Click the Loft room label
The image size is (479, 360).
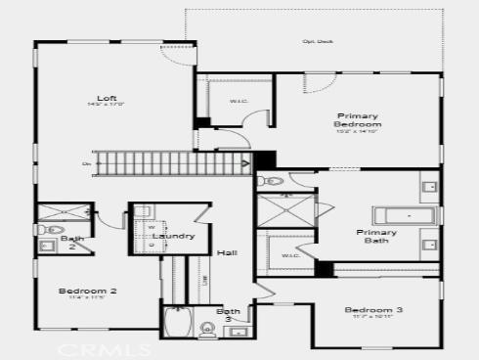pyautogui.click(x=108, y=99)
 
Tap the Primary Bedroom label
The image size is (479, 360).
pyautogui.click(x=358, y=120)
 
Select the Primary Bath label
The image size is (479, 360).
pyautogui.click(x=377, y=236)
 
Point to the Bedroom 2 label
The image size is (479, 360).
pyautogui.click(x=88, y=291)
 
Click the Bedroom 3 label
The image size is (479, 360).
pyautogui.click(x=373, y=310)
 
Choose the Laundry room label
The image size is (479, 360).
pyautogui.click(x=174, y=236)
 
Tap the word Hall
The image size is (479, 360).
pyautogui.click(x=228, y=252)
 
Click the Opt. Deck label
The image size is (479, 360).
pyautogui.click(x=317, y=42)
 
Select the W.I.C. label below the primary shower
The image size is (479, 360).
pyautogui.click(x=290, y=256)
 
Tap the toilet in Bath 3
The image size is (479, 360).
pyautogui.click(x=207, y=328)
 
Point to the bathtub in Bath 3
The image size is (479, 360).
pyautogui.click(x=177, y=322)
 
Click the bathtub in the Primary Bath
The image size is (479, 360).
pyautogui.click(x=403, y=216)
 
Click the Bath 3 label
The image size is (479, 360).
pyautogui.click(x=229, y=315)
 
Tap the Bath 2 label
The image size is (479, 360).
pyautogui.click(x=72, y=243)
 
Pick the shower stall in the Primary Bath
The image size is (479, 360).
pyautogui.click(x=286, y=210)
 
